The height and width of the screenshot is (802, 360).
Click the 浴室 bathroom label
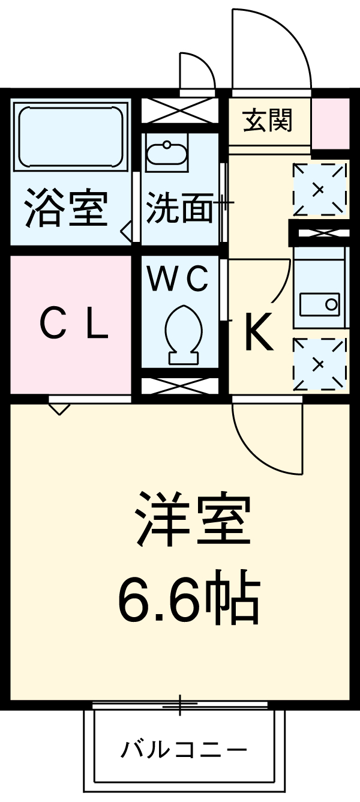(x=66, y=208)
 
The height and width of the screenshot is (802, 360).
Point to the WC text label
(x=178, y=278)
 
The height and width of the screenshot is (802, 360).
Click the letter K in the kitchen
(x=258, y=334)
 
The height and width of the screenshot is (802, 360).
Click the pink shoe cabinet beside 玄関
(x=330, y=122)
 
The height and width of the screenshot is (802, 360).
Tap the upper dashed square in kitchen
(x=319, y=189)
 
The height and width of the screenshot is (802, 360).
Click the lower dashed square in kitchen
(x=319, y=364)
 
